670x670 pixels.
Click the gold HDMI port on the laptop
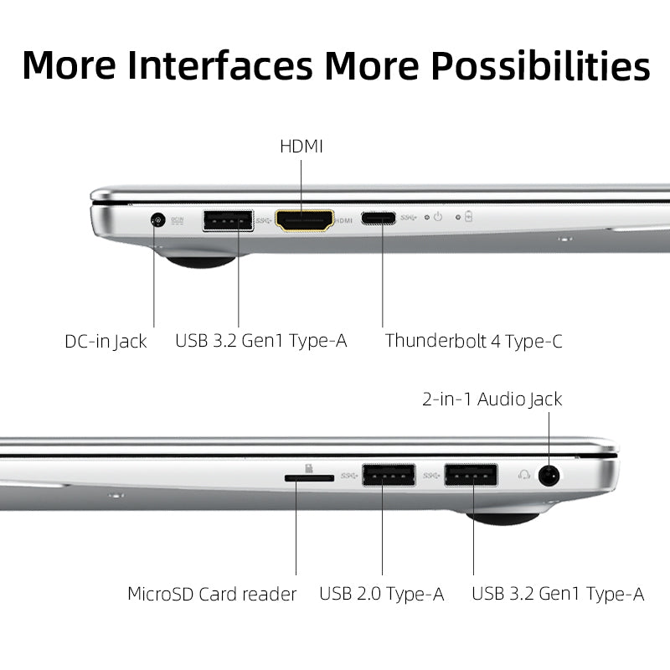point(305,220)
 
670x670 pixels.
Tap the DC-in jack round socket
point(155,220)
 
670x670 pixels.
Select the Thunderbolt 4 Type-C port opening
point(379,219)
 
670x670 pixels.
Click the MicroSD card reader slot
point(309,477)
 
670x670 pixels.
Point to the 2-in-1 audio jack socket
point(549,476)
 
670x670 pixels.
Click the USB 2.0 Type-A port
point(389,476)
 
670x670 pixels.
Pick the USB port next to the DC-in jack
point(228,220)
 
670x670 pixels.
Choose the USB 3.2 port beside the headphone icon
point(471,476)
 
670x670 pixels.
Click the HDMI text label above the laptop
point(301,147)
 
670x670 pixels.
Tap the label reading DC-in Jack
point(106,341)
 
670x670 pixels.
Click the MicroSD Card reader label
point(212,595)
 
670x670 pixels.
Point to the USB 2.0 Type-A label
point(381,595)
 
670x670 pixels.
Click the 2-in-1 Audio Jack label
point(492,399)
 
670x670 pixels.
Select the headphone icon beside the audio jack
point(524,475)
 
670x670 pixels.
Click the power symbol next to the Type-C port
point(437,217)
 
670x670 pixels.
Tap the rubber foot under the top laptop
point(199,261)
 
